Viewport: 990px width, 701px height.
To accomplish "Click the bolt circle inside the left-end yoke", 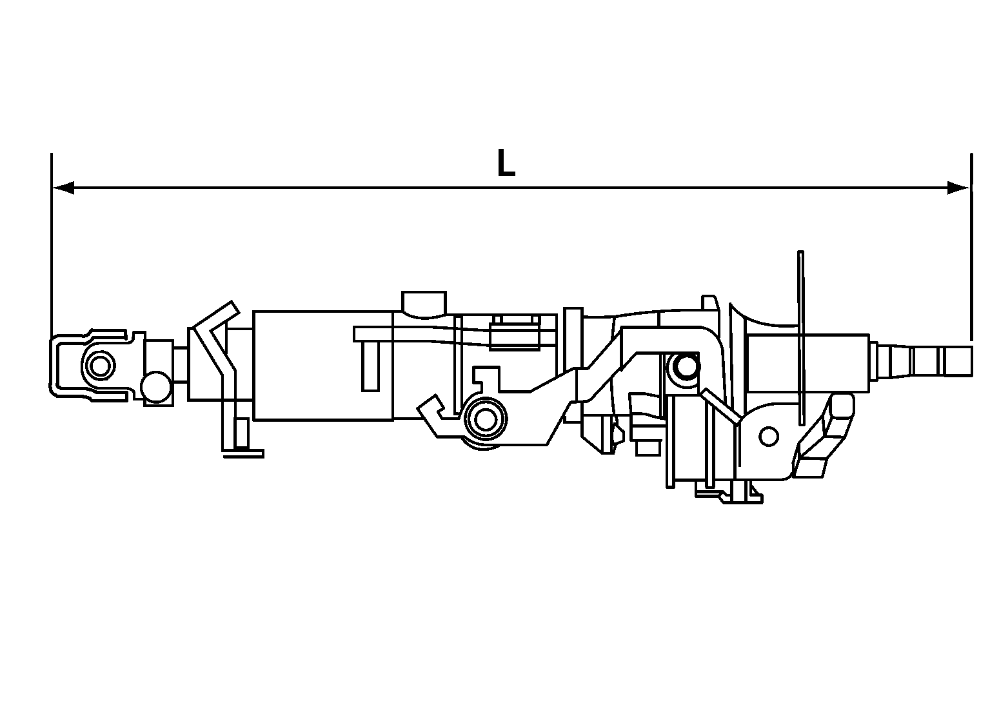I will click(x=99, y=367).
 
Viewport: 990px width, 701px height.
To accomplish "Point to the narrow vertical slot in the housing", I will click(x=370, y=366).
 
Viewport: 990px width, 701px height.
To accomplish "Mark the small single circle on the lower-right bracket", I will click(x=768, y=437).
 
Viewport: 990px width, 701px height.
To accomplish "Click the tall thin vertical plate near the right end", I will click(x=801, y=339).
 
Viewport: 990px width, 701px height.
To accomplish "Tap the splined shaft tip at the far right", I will click(x=957, y=361).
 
